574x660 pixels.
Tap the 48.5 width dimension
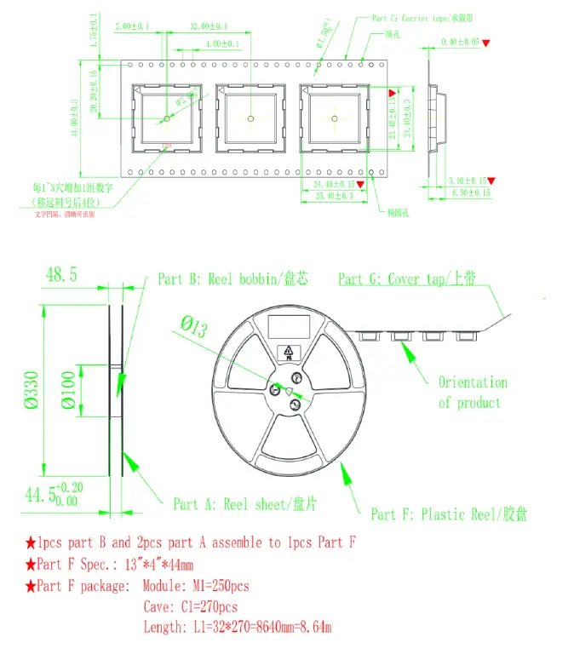pos(61,275)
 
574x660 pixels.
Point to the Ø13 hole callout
pos(193,327)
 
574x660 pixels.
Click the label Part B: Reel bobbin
pos(232,279)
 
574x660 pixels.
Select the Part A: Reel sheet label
pos(244,504)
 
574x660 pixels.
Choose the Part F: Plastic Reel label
pos(448,514)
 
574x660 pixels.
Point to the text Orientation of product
pos(472,393)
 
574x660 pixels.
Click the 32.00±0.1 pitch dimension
pos(208,27)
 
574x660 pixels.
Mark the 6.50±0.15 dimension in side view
pos(469,193)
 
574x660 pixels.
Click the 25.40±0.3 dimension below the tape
pos(333,195)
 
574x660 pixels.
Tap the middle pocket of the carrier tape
pos(250,118)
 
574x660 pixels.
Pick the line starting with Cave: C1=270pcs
pos(190,607)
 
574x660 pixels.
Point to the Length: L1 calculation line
pos(237,628)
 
